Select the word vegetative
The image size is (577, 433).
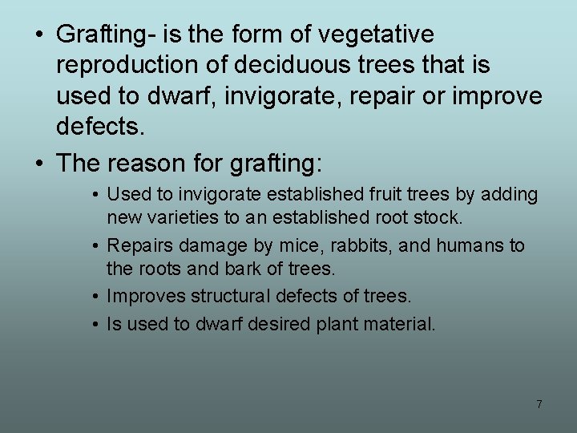[376, 35]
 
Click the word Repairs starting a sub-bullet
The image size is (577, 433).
[137, 245]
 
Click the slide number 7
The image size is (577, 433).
[539, 404]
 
